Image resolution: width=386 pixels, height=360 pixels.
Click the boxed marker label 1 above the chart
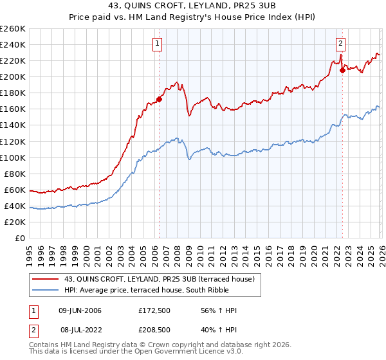coord(158,44)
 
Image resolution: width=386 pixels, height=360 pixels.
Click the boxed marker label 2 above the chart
coord(340,44)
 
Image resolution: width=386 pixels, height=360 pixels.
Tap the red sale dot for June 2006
coord(159,99)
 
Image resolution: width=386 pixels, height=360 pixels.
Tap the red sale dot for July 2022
coord(342,70)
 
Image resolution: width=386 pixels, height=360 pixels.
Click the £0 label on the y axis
coord(19,239)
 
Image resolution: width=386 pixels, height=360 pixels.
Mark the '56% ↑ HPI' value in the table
coord(219,310)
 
